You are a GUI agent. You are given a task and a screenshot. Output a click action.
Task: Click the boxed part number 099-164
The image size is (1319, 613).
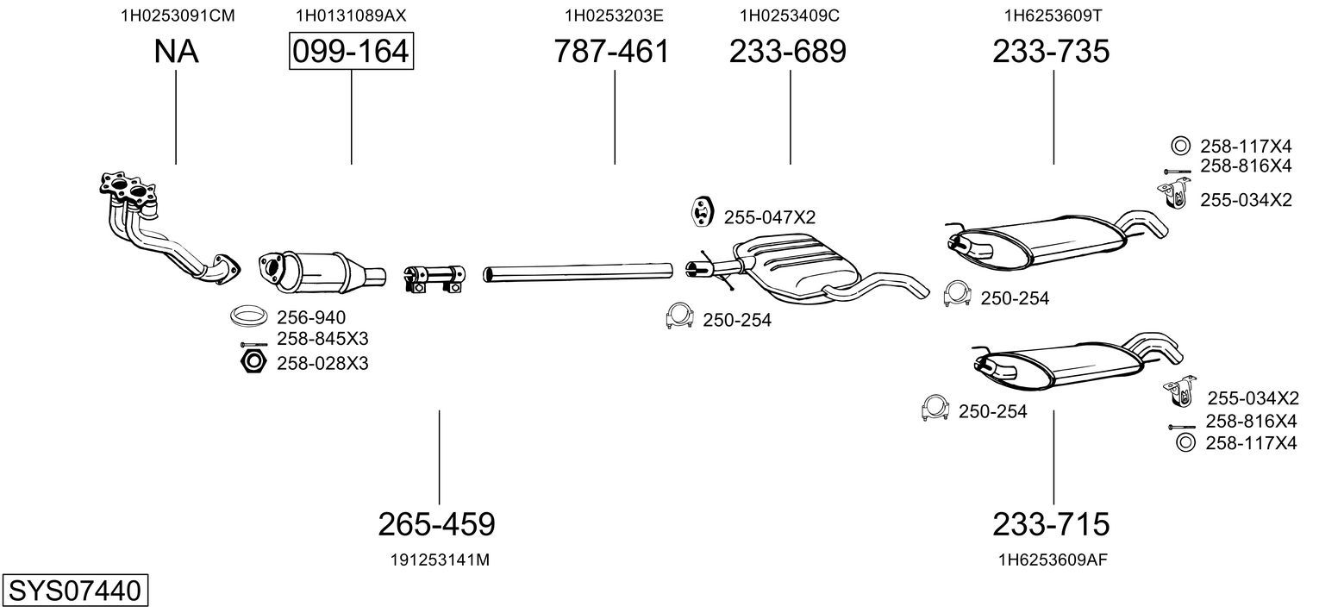coord(351,51)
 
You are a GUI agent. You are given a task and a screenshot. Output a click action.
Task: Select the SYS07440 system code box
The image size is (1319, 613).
coord(75,590)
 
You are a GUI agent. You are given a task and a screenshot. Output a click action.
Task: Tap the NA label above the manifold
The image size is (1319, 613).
coord(176,51)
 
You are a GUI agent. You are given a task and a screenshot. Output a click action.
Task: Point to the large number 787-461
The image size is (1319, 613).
coord(612,51)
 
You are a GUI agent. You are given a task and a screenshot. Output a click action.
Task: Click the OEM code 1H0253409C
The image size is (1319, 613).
coord(789,16)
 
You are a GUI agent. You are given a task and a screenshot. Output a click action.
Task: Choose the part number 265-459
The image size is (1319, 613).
coord(436,523)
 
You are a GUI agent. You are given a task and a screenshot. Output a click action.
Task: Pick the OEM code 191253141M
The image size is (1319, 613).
coord(440,560)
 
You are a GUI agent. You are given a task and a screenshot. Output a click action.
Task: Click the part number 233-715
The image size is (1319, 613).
coord(1051,523)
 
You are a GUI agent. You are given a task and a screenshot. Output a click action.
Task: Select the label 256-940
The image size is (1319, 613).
coord(311,317)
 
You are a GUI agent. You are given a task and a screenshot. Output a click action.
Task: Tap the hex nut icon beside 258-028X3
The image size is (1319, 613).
coord(253,361)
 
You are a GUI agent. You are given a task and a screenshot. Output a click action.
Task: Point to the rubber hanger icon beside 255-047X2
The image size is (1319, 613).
coord(701,212)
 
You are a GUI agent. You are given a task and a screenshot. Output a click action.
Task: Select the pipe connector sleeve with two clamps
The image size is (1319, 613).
coord(434,278)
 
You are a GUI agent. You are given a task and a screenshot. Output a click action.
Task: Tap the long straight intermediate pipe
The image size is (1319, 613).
coord(578,272)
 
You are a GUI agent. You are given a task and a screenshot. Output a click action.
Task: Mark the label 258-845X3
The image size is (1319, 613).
coord(322,339)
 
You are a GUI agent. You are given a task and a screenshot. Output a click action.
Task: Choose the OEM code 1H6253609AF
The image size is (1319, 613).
coord(1053,560)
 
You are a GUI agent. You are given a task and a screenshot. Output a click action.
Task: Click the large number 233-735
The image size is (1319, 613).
coord(1051,51)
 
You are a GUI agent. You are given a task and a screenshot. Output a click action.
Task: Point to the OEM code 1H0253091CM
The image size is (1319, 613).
coord(178,16)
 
